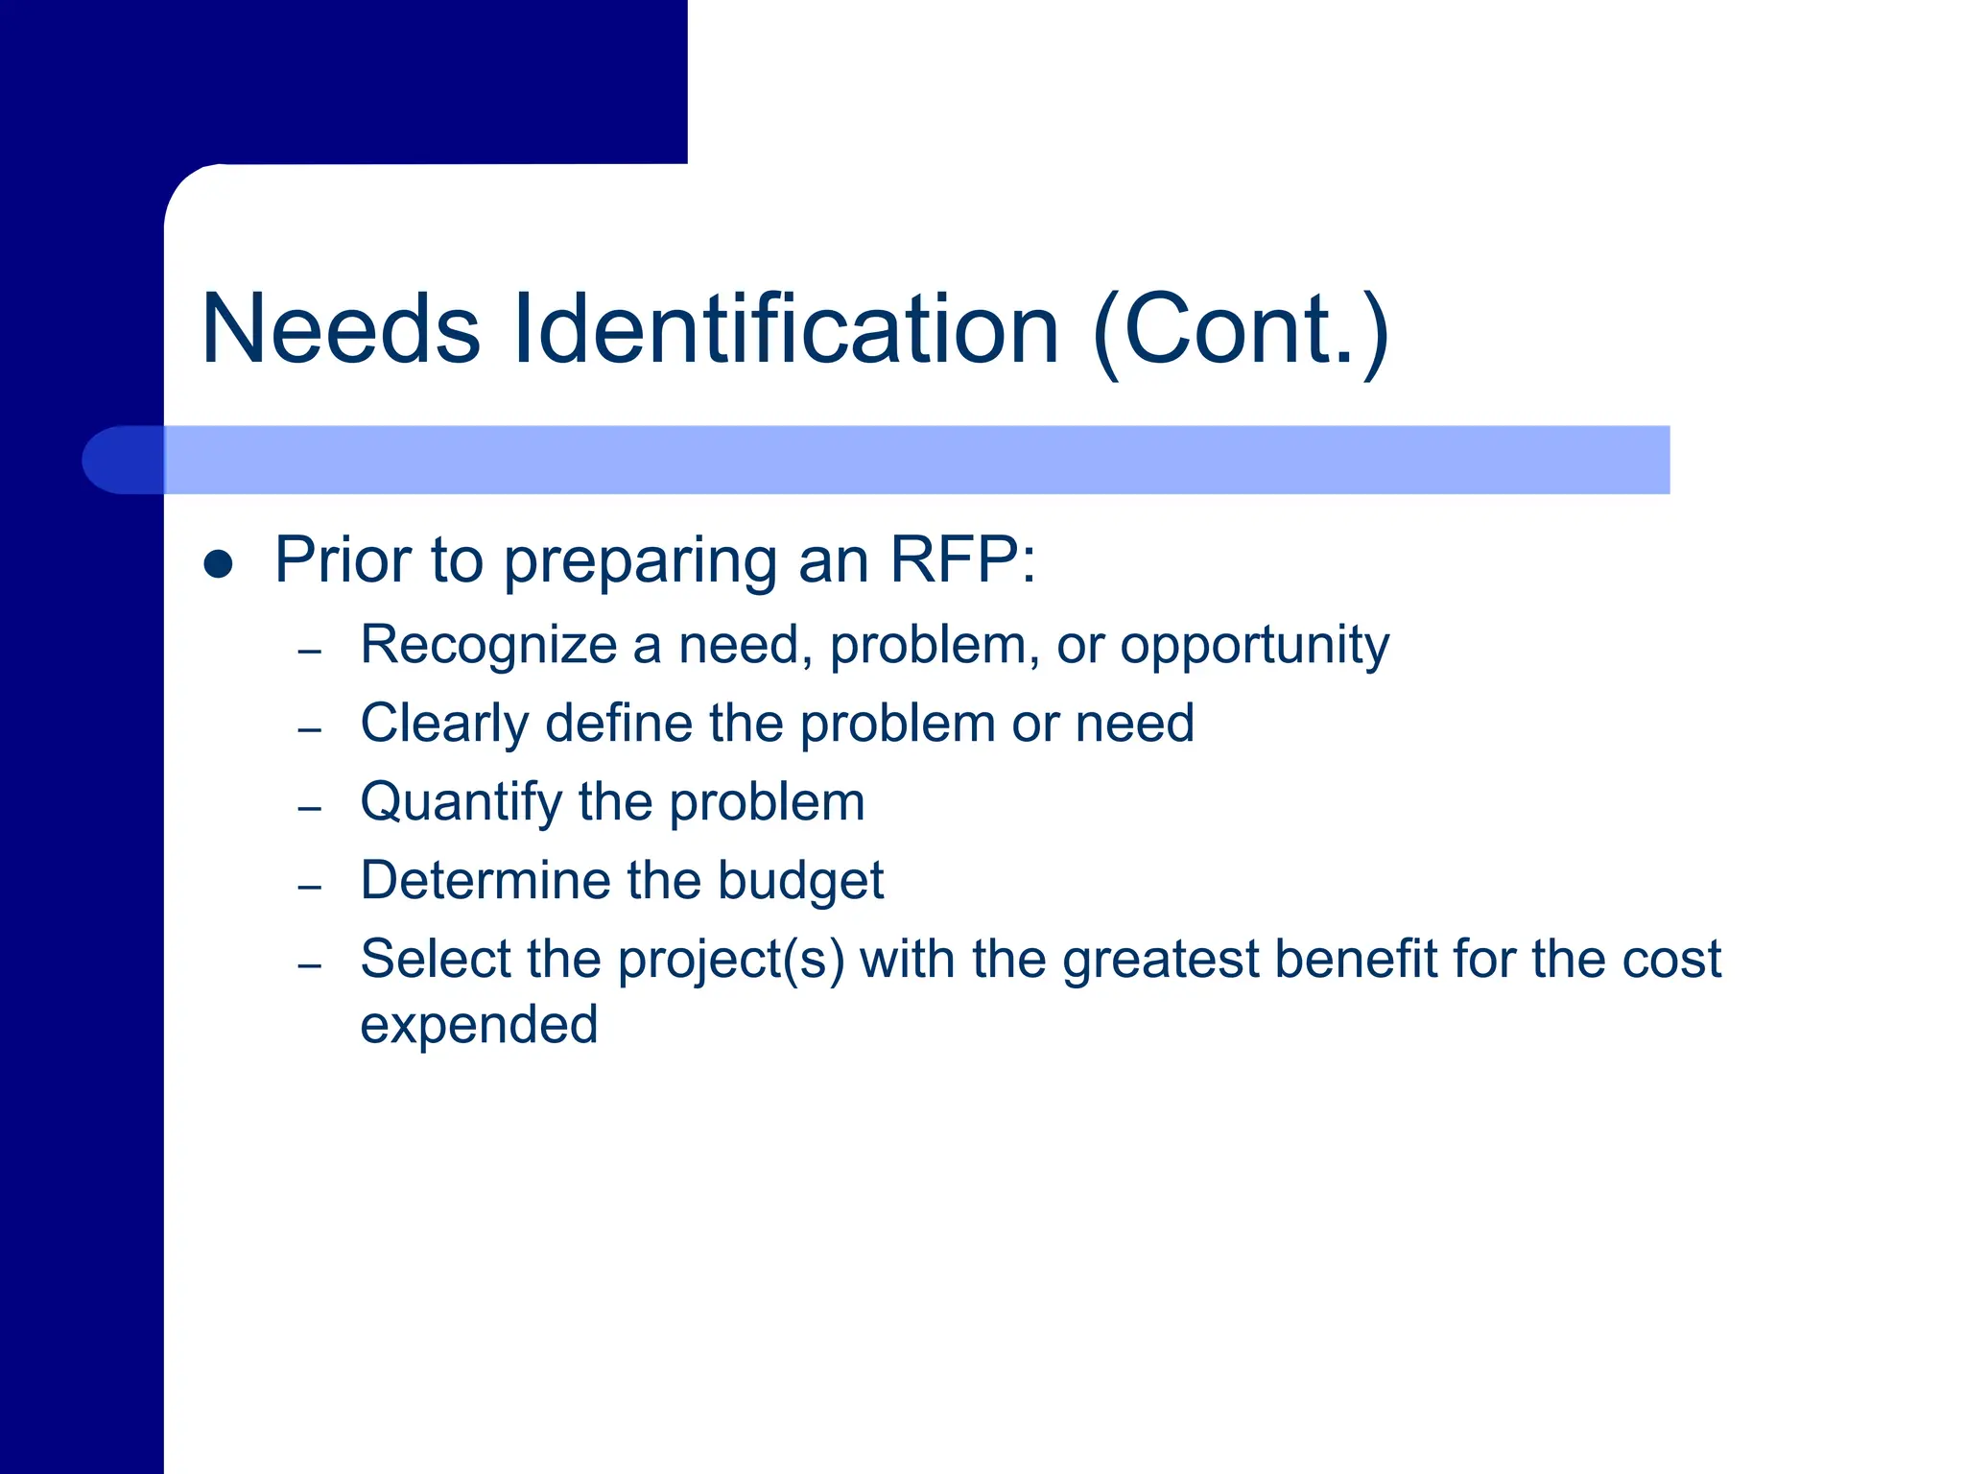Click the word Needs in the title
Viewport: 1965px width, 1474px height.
tap(341, 329)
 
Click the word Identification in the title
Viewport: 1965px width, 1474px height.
tap(787, 329)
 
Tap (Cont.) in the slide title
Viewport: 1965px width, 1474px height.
tap(1241, 331)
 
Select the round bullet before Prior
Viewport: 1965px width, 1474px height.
tap(219, 563)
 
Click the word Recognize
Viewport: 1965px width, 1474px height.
tap(488, 645)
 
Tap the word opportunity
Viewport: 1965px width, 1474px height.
tap(1254, 646)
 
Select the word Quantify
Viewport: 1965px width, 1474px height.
tap(461, 803)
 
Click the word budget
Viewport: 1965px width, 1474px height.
tap(800, 882)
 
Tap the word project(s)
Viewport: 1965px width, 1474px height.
tap(731, 960)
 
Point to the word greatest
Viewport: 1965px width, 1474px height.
tap(1160, 960)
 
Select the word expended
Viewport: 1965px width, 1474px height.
tap(479, 1026)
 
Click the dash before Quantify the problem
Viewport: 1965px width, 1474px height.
tap(309, 808)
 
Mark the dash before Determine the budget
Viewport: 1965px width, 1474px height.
tap(309, 887)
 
